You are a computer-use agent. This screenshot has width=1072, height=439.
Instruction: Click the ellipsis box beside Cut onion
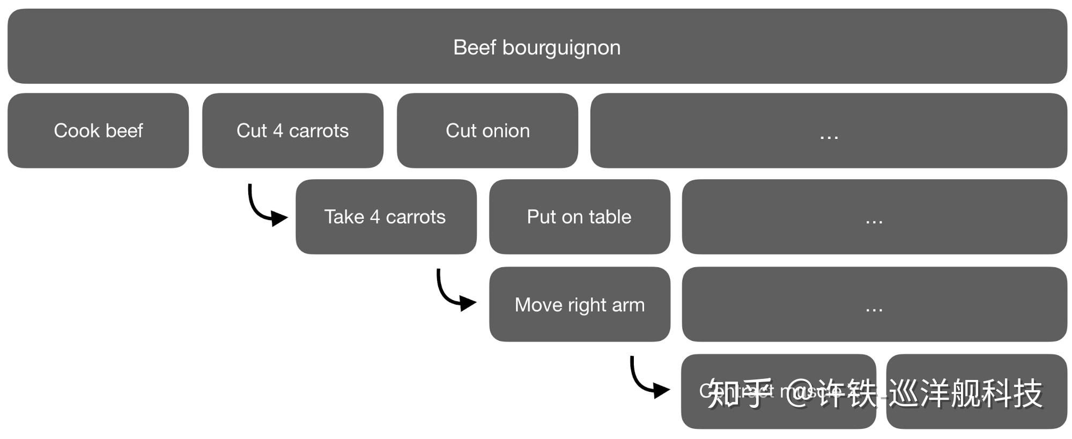(829, 131)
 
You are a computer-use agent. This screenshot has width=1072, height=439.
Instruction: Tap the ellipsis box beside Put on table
(874, 217)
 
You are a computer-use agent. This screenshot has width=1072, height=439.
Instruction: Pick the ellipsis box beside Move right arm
(874, 304)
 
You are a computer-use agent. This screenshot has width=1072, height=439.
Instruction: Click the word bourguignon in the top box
(561, 48)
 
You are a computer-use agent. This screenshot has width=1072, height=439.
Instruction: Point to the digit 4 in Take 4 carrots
(374, 217)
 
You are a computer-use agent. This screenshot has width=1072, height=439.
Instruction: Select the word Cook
(77, 131)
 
